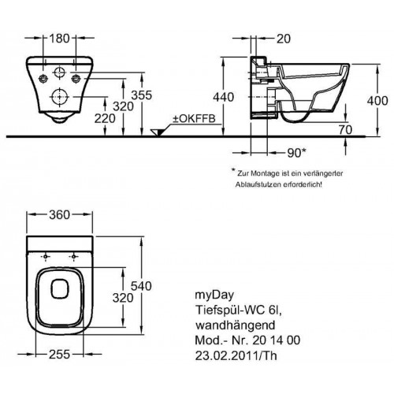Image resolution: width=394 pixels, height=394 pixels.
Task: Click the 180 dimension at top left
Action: point(59,39)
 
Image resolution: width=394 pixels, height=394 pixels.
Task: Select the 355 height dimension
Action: point(142,95)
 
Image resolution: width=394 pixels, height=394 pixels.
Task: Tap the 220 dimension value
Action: point(105,118)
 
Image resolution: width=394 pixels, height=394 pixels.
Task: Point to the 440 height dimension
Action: point(223,97)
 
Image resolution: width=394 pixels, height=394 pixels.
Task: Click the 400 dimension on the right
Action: point(377,101)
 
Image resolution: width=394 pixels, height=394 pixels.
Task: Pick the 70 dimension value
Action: point(345,130)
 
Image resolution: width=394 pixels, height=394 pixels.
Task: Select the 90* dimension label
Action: point(297,153)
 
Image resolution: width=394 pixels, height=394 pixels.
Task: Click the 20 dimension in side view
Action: point(284,39)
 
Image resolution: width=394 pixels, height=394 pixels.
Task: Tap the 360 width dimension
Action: point(60,215)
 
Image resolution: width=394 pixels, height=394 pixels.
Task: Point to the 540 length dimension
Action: point(142,286)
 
